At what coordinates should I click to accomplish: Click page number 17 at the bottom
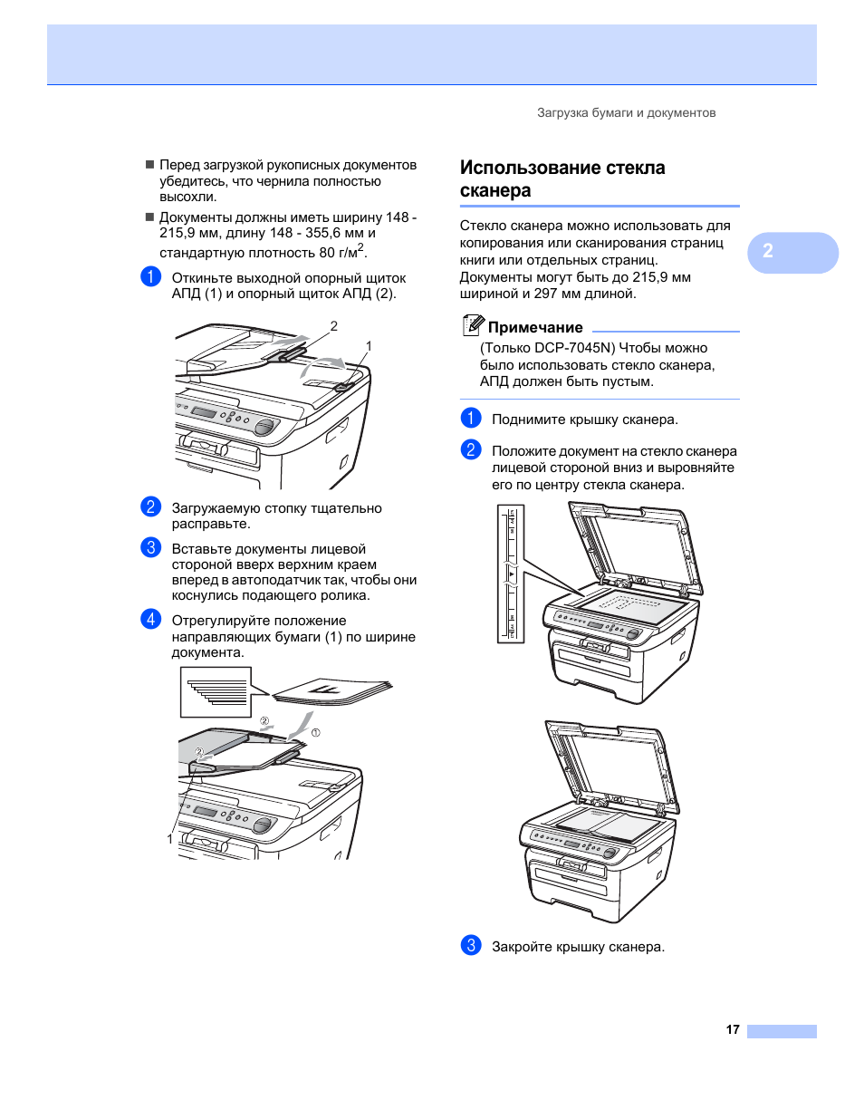point(733,1029)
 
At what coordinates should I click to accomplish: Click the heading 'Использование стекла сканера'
point(562,179)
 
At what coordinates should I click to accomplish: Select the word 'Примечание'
point(535,328)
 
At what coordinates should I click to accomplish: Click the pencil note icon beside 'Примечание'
point(473,325)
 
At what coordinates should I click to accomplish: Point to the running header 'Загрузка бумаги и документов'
point(626,113)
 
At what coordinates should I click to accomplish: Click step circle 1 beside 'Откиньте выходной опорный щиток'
point(151,277)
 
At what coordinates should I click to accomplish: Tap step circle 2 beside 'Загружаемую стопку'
point(151,507)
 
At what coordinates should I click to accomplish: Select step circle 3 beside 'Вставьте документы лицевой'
point(151,548)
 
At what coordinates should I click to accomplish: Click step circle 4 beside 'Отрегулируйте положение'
point(151,620)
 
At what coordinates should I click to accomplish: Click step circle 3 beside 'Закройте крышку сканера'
point(471,946)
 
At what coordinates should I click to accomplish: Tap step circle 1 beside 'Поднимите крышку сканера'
point(471,419)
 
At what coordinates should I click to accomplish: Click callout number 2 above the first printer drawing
point(334,326)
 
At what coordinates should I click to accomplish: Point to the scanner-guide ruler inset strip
point(511,574)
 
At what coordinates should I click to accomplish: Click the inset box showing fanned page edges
point(216,691)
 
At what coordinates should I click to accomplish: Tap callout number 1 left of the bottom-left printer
point(170,839)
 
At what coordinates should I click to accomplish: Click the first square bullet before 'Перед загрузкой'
point(150,165)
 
